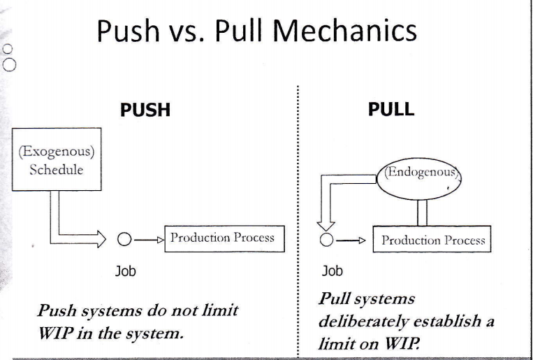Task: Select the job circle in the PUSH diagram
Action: pos(122,240)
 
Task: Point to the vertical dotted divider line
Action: pos(298,210)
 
